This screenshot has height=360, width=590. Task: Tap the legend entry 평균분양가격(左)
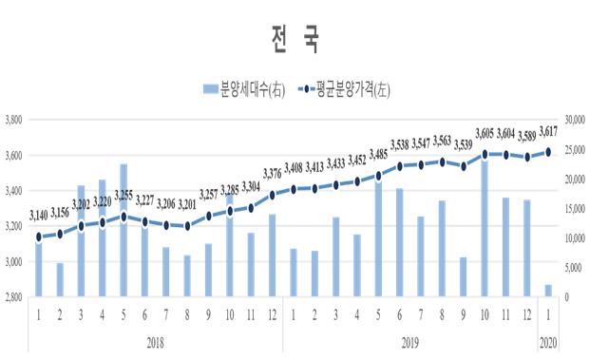345,90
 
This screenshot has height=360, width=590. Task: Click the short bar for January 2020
547,291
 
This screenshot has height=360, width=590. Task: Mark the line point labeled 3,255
124,217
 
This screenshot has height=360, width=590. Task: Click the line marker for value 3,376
273,195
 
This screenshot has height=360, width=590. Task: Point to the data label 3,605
485,133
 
